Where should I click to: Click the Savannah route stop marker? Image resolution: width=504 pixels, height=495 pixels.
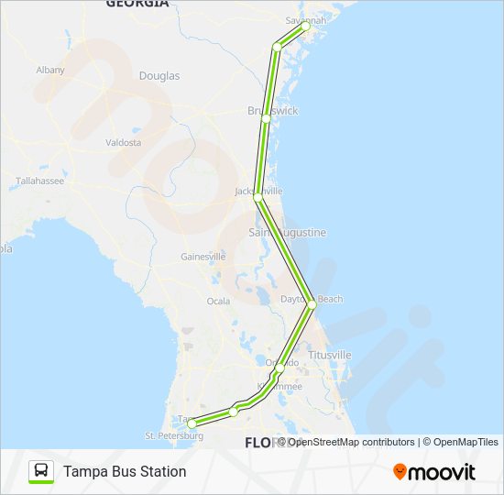pyautogui.click(x=306, y=27)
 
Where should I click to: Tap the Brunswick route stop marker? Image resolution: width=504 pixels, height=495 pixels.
pyautogui.click(x=266, y=118)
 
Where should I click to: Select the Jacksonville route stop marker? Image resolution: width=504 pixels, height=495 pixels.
pyautogui.click(x=257, y=197)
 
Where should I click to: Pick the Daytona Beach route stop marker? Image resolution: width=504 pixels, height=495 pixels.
pyautogui.click(x=312, y=304)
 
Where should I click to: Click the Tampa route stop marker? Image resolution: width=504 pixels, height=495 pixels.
pyautogui.click(x=192, y=423)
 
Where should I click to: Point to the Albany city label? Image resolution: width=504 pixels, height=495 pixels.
pyautogui.click(x=50, y=70)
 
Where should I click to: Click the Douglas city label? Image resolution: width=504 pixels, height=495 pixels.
pyautogui.click(x=159, y=76)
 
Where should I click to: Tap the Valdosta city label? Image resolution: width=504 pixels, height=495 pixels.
pyautogui.click(x=124, y=143)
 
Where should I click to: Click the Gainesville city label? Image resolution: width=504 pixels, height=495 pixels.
pyautogui.click(x=203, y=257)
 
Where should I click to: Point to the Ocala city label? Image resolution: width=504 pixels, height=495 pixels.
pyautogui.click(x=218, y=301)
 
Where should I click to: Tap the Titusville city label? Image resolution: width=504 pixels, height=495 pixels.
pyautogui.click(x=330, y=355)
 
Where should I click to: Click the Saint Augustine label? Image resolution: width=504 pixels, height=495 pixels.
pyautogui.click(x=288, y=233)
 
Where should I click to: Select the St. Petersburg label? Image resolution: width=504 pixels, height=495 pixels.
pyautogui.click(x=174, y=435)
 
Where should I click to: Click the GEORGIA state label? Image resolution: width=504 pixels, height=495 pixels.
pyautogui.click(x=137, y=4)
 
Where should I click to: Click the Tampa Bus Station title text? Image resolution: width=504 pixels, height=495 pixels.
pyautogui.click(x=125, y=471)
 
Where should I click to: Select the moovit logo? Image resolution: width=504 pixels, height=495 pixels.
pyautogui.click(x=434, y=472)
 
